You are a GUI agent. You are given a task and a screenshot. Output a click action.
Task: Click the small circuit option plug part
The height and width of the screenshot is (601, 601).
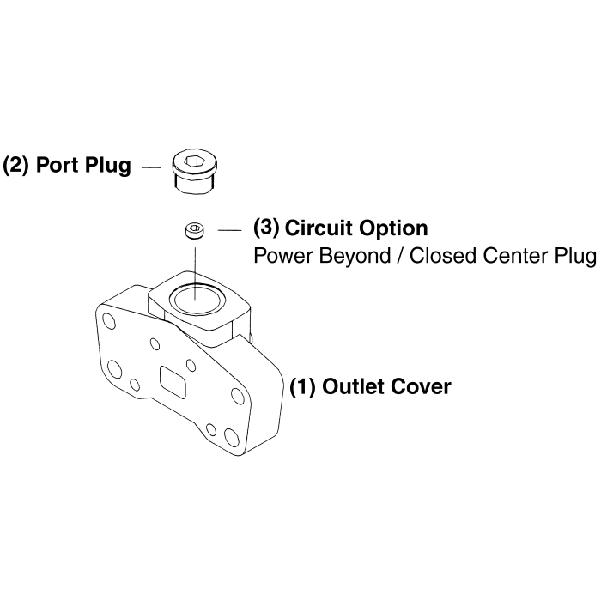click(195, 230)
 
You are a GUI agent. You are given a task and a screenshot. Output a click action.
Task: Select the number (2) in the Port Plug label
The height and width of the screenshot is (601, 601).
click(16, 165)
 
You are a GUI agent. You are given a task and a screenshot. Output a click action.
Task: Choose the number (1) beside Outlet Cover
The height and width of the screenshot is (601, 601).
click(301, 387)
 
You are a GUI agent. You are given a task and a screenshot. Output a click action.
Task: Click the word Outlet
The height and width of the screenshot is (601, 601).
click(351, 387)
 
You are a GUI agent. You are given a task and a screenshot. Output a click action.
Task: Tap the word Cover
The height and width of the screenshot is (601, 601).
click(419, 387)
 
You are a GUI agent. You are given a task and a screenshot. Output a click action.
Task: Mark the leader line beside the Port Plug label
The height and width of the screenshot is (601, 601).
click(151, 166)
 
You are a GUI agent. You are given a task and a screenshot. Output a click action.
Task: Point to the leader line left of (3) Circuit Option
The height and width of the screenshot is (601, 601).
click(231, 230)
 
